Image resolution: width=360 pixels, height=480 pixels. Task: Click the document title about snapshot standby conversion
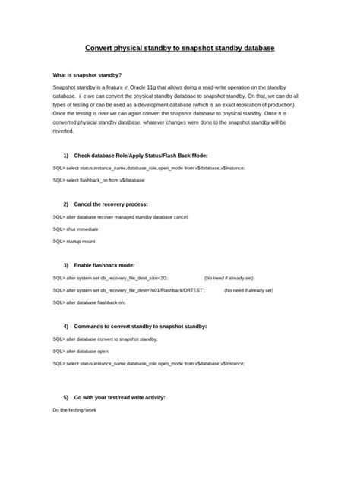pos(179,48)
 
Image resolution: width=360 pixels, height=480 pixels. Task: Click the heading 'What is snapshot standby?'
pos(87,76)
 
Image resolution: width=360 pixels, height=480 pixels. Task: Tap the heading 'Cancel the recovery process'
pos(111,204)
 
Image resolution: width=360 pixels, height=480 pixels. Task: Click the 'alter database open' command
pos(81,351)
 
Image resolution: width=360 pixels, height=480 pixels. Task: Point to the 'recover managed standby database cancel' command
pos(121,216)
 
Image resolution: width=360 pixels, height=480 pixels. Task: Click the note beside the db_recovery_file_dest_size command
pos(229,277)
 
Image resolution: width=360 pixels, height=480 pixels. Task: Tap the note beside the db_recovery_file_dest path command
pos(248,289)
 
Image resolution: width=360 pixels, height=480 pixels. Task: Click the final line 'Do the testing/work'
pos(74,411)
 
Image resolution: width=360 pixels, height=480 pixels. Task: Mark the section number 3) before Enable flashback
pos(66,265)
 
